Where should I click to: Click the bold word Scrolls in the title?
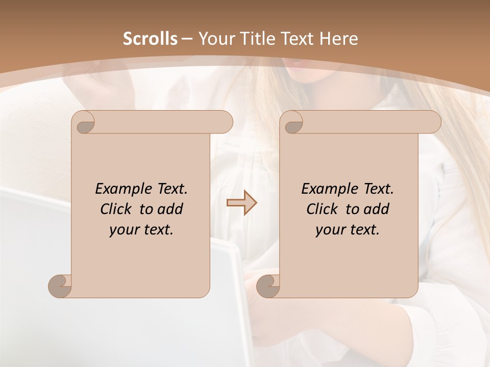pos(150,39)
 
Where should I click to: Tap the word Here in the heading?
pos(339,39)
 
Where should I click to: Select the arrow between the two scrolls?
pos(241,203)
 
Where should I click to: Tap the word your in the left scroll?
pos(123,230)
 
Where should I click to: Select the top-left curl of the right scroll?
pos(292,123)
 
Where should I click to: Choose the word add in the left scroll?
pos(170,209)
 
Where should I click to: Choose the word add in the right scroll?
pos(376,209)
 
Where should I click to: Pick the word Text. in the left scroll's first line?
pos(171,189)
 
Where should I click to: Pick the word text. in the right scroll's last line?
pos(363,230)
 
